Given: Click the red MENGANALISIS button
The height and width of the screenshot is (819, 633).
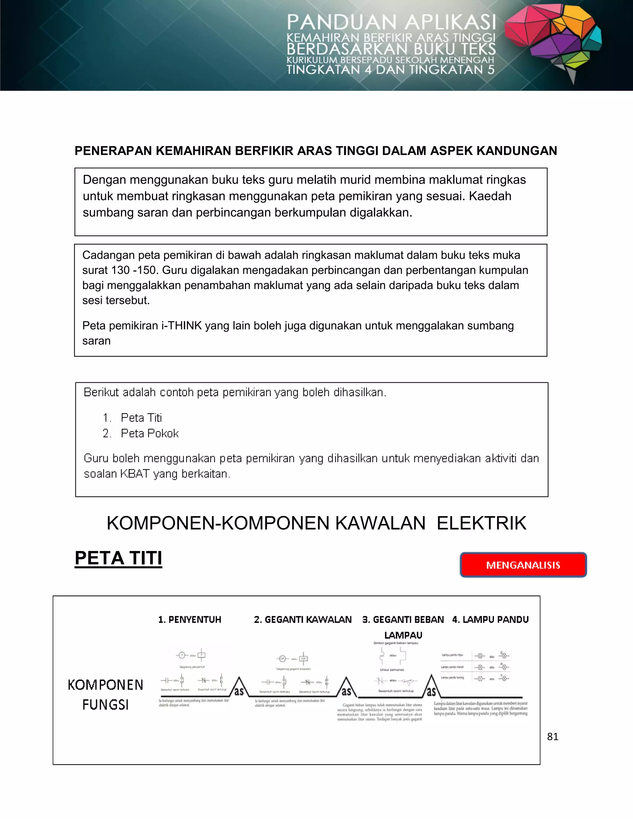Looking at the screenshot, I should (523, 565).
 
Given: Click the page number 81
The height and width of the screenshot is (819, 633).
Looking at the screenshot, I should (552, 736).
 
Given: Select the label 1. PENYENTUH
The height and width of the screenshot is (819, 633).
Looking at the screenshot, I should (190, 619).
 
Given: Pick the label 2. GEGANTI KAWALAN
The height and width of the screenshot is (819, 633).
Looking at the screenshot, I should (303, 619).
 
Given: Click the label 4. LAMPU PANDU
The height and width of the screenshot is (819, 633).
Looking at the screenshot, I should (490, 619).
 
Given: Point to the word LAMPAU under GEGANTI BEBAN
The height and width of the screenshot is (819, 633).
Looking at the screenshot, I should (403, 635).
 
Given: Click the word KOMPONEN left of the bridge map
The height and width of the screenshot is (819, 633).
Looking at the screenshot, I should (105, 685).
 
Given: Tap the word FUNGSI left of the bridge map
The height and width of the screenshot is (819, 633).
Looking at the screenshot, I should (105, 705).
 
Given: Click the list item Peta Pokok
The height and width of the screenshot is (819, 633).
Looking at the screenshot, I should (150, 434).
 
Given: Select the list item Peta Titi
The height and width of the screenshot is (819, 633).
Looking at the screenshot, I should (141, 418).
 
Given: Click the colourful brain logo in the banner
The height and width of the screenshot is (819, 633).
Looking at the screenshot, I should (554, 41).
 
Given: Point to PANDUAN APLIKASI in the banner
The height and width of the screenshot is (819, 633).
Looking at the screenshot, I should (391, 23).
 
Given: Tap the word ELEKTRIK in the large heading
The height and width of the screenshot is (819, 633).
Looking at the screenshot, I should (482, 523).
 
